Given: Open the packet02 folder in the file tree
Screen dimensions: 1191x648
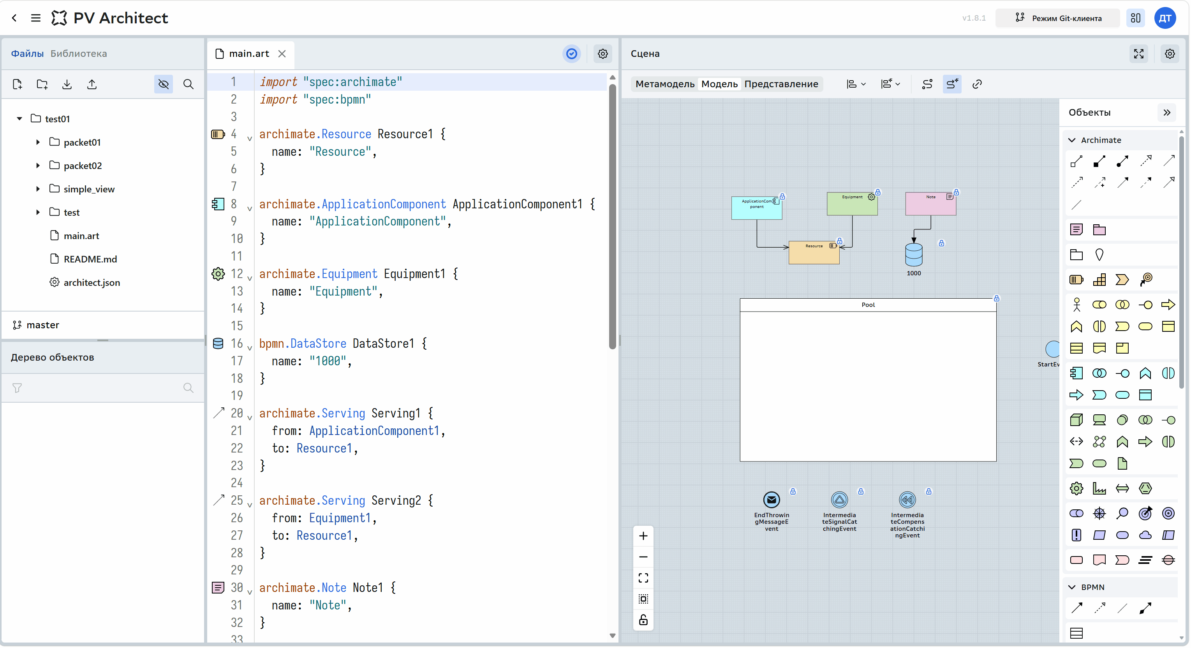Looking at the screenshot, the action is [82, 166].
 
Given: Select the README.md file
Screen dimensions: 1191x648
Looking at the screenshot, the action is [90, 259].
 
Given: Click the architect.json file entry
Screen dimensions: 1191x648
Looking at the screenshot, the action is [92, 282].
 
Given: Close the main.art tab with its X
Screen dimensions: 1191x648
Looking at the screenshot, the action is [282, 54].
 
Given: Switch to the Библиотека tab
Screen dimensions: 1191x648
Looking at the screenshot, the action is [79, 54].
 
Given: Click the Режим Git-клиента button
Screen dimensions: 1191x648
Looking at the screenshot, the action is [1058, 18].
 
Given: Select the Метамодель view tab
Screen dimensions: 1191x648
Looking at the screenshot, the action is [664, 84].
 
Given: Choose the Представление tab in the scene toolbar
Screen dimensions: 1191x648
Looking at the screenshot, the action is [781, 84].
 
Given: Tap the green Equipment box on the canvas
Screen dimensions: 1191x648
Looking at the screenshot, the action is [852, 204].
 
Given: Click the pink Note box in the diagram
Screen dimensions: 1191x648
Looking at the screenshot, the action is [930, 204].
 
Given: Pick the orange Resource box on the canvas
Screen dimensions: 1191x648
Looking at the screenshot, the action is [814, 252].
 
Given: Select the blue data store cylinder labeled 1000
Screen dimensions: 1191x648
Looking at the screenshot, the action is [914, 254].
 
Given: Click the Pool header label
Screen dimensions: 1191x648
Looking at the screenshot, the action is [868, 305].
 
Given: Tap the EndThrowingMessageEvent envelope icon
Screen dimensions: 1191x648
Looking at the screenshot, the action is [771, 500].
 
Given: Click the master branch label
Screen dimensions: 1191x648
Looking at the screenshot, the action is [42, 325].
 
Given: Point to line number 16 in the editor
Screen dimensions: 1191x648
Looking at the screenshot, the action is [237, 343].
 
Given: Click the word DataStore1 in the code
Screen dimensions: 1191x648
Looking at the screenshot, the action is [383, 343].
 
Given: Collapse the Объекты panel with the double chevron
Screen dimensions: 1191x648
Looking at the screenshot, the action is [1166, 112].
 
